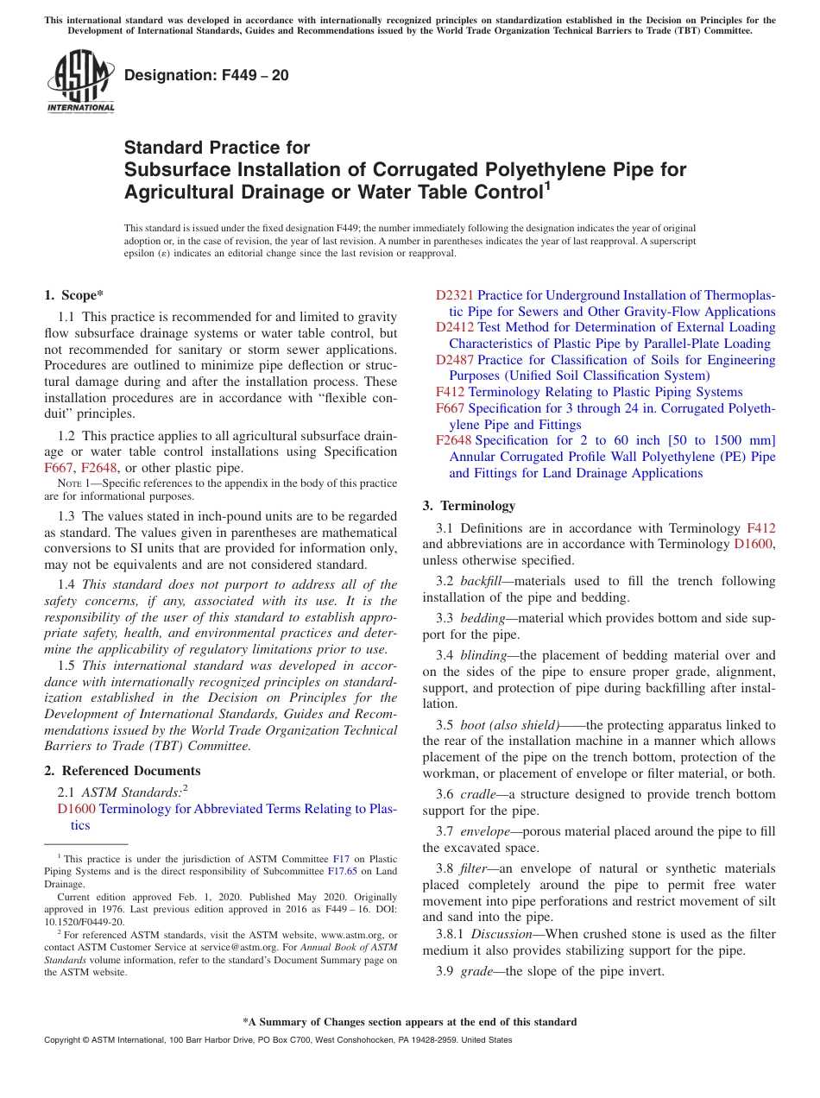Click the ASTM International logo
point(80,82)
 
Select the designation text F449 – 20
point(207,76)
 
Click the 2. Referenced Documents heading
point(123,771)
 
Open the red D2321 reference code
point(454,295)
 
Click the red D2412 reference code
point(454,327)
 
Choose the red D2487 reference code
point(454,359)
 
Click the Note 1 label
point(78,483)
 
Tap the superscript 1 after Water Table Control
point(545,185)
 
